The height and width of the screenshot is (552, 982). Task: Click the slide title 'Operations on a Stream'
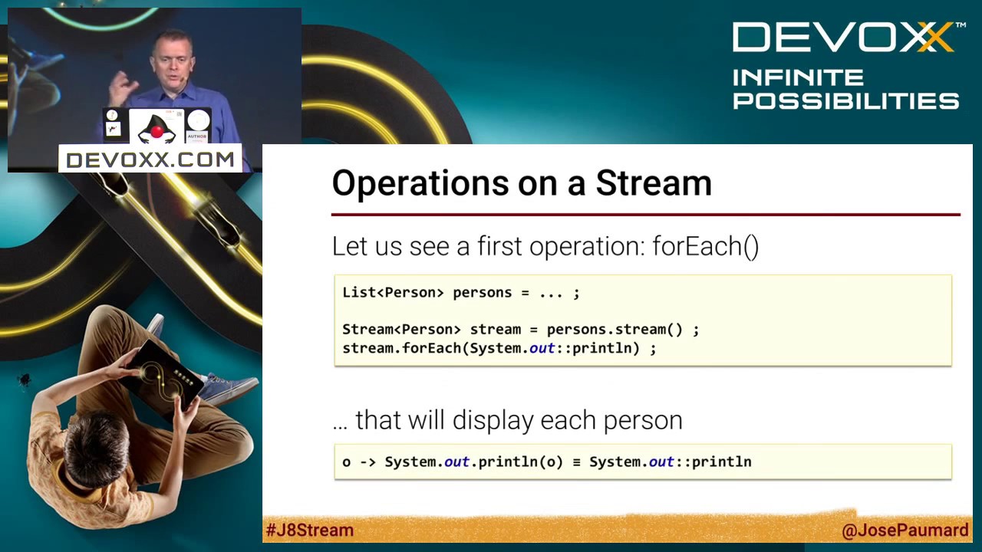[x=522, y=184]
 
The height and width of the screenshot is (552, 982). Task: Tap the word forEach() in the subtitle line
[x=705, y=247]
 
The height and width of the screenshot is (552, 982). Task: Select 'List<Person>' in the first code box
[x=393, y=293]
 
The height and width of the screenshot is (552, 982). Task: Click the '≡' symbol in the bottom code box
[x=575, y=462]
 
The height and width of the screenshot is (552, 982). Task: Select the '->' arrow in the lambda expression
[x=367, y=462]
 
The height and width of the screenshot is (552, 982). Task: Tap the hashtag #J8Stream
[x=310, y=530]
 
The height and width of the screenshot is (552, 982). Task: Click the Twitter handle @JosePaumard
[x=905, y=531]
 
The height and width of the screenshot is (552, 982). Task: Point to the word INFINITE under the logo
[x=798, y=78]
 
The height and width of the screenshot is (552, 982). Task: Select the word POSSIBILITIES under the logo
[x=845, y=101]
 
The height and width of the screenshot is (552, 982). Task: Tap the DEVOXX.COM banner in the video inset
[x=150, y=159]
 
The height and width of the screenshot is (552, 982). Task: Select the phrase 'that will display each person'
[x=519, y=420]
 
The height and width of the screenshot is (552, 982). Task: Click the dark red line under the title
[x=644, y=215]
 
